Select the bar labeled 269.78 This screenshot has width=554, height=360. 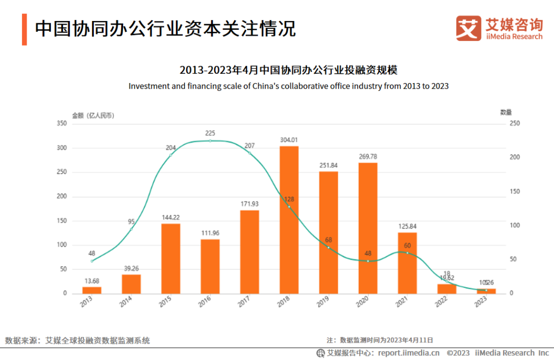(x=368, y=228)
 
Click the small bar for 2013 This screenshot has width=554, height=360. (x=92, y=290)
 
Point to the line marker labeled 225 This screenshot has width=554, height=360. (x=210, y=141)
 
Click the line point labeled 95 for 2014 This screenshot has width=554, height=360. (x=131, y=229)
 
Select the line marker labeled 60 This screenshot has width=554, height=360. (x=407, y=252)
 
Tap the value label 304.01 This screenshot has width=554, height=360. (x=289, y=140)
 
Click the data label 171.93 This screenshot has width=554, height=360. (x=249, y=204)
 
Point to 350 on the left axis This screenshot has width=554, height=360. (x=61, y=124)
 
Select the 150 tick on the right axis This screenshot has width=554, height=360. (x=513, y=191)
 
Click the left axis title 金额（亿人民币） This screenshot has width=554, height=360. (x=93, y=115)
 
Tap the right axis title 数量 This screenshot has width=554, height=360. (x=506, y=112)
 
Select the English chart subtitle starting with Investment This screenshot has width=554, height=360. (x=288, y=86)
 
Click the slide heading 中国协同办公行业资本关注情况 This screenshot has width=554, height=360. (x=165, y=29)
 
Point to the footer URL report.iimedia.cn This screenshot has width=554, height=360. (x=409, y=353)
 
